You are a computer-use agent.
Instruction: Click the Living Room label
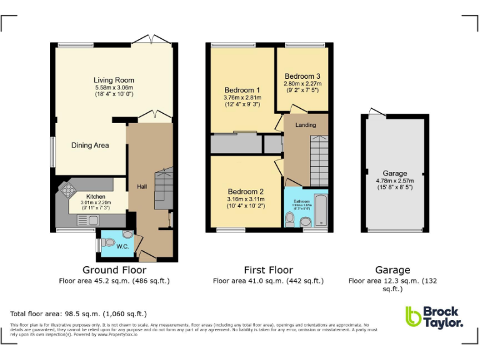[114, 80]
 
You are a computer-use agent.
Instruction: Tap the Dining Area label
[90, 146]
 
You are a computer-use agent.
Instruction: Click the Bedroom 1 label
[241, 90]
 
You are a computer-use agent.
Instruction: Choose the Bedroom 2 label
[245, 191]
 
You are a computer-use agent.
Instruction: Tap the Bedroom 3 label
[302, 76]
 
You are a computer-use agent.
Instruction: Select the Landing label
[306, 125]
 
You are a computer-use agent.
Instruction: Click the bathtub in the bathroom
[321, 211]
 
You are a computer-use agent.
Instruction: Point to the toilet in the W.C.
[127, 235]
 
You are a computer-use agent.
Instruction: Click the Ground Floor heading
[109, 270]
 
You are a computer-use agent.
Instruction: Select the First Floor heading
[268, 270]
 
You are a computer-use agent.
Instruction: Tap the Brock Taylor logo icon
[413, 316]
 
